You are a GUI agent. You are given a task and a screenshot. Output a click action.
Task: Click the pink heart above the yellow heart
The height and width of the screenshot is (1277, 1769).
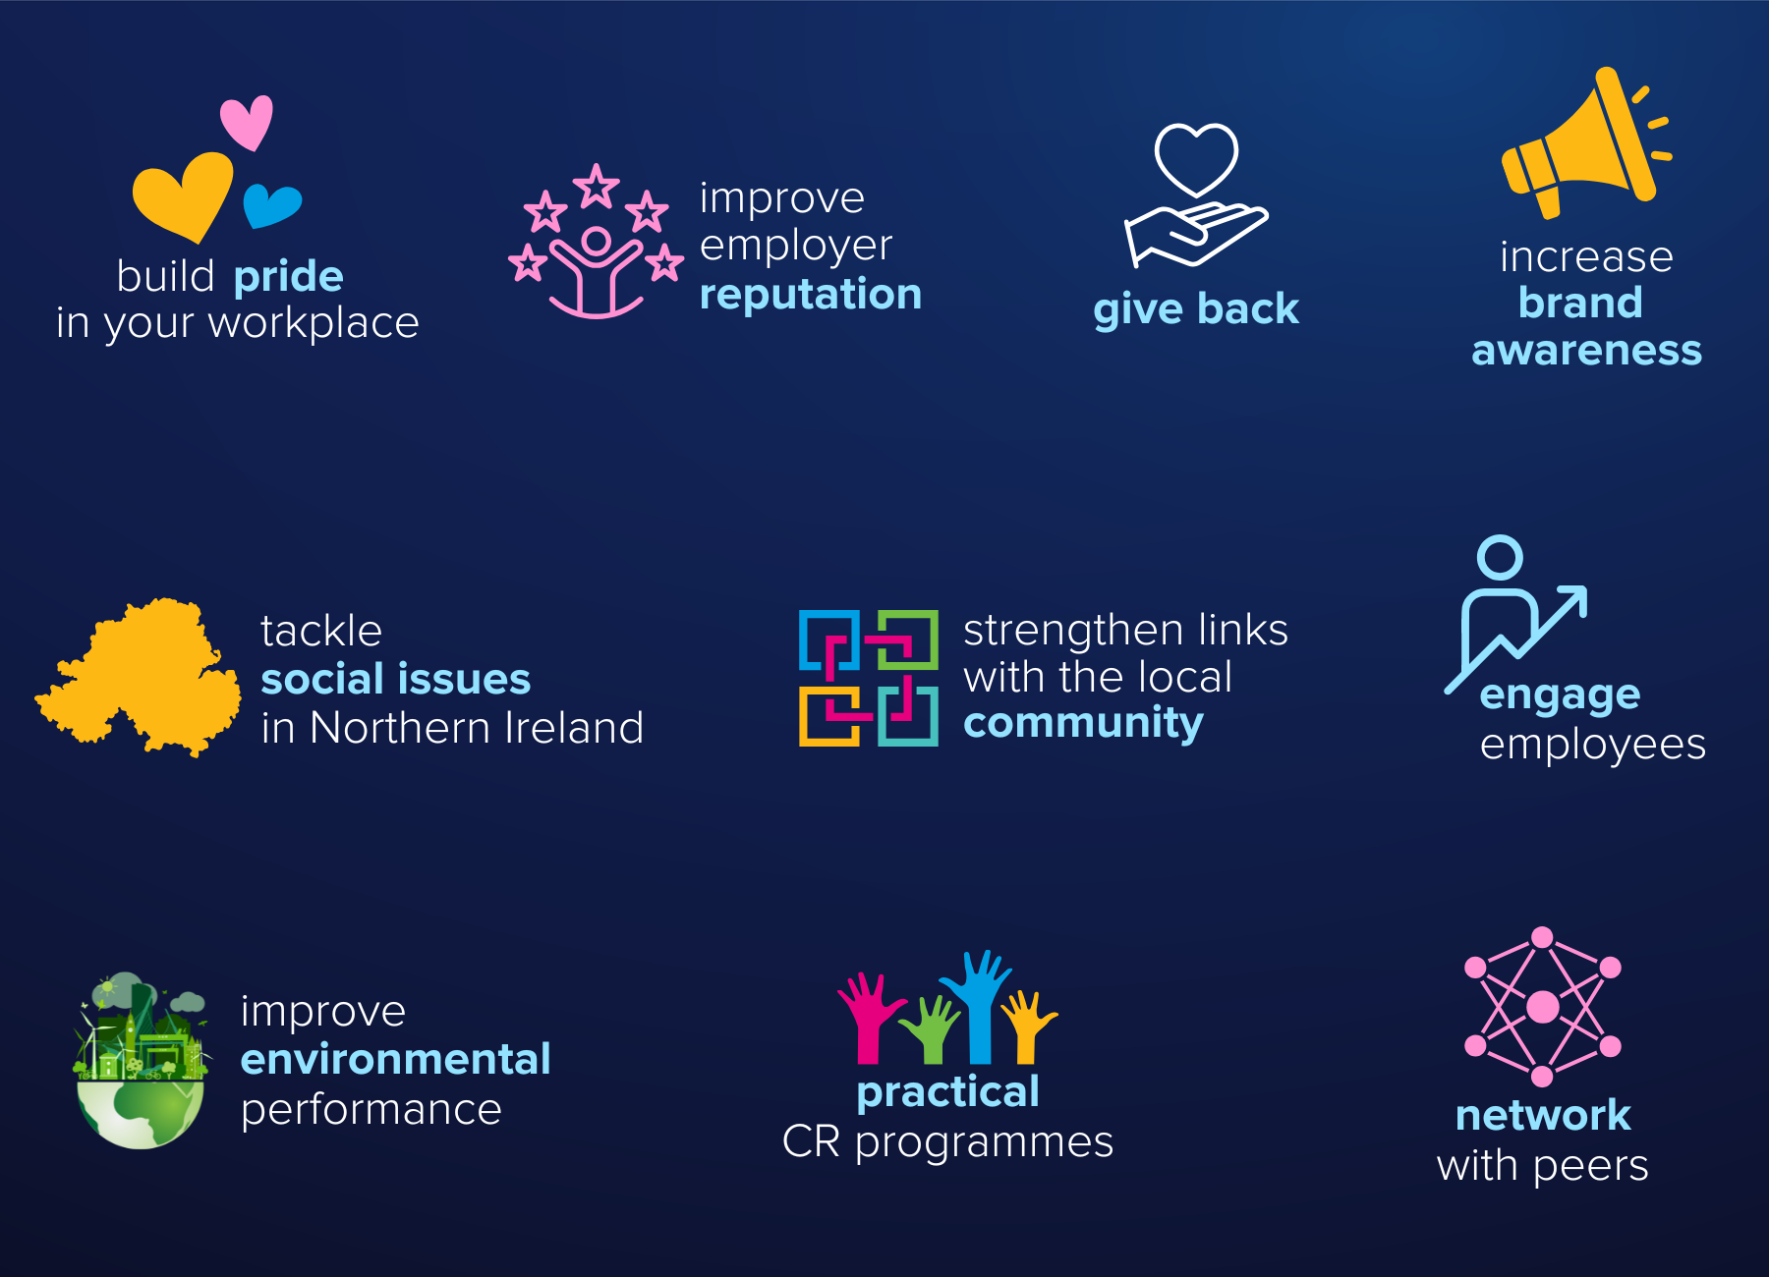(247, 122)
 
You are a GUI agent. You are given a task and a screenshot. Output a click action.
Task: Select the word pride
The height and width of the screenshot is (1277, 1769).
(289, 278)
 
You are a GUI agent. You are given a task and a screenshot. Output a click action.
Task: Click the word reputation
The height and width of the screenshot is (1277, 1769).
(811, 296)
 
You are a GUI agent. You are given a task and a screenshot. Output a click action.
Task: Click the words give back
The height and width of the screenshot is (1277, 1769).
(1196, 309)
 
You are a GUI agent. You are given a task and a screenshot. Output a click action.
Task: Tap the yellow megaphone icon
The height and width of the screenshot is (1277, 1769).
(1585, 142)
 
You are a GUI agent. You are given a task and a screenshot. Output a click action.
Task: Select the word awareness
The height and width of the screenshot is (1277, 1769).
(1586, 351)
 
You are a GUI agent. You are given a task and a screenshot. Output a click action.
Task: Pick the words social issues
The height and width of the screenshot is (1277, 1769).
(395, 679)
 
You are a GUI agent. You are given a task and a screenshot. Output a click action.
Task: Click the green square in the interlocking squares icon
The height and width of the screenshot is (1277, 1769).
(906, 640)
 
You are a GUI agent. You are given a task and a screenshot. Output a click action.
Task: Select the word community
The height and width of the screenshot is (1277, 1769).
(1083, 724)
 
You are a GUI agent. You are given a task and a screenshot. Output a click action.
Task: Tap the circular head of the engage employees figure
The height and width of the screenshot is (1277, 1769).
(1500, 558)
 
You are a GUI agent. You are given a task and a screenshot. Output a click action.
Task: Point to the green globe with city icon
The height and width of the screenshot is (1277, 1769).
(142, 1061)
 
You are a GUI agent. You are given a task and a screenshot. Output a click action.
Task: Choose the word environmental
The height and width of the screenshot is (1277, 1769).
(395, 1060)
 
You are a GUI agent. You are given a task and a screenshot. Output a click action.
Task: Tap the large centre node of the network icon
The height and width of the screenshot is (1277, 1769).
(1542, 1007)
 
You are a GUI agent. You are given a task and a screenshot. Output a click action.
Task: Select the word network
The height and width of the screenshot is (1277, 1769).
(1543, 1116)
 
